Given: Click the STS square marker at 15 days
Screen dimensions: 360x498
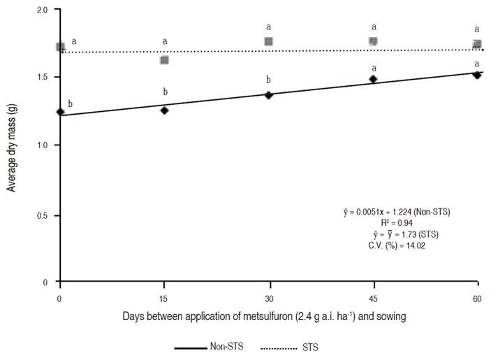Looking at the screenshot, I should click(164, 60).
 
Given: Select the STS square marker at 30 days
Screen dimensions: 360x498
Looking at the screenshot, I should click(269, 41).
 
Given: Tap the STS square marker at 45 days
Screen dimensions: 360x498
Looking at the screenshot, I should click(374, 41).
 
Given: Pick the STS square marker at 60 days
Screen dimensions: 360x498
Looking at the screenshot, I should click(477, 44).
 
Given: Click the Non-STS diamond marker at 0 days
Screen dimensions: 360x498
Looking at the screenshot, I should click(60, 112).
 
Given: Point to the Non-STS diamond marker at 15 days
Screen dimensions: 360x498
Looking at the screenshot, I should click(164, 110).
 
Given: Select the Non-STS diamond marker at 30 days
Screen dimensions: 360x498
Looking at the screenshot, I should click(268, 94).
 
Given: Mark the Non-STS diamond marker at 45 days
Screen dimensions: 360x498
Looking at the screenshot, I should click(373, 79).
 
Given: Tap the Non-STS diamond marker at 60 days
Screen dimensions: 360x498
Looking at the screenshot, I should click(477, 74).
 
